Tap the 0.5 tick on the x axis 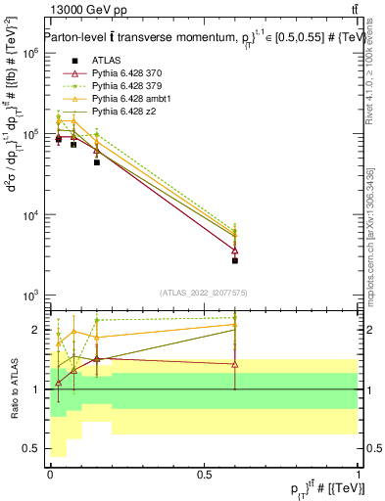click(x=204, y=474)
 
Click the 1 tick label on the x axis click(x=358, y=474)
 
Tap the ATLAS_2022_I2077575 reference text click(x=204, y=292)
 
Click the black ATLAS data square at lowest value click(x=235, y=260)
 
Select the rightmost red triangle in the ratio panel click(x=235, y=364)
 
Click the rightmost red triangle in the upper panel click(x=235, y=250)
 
